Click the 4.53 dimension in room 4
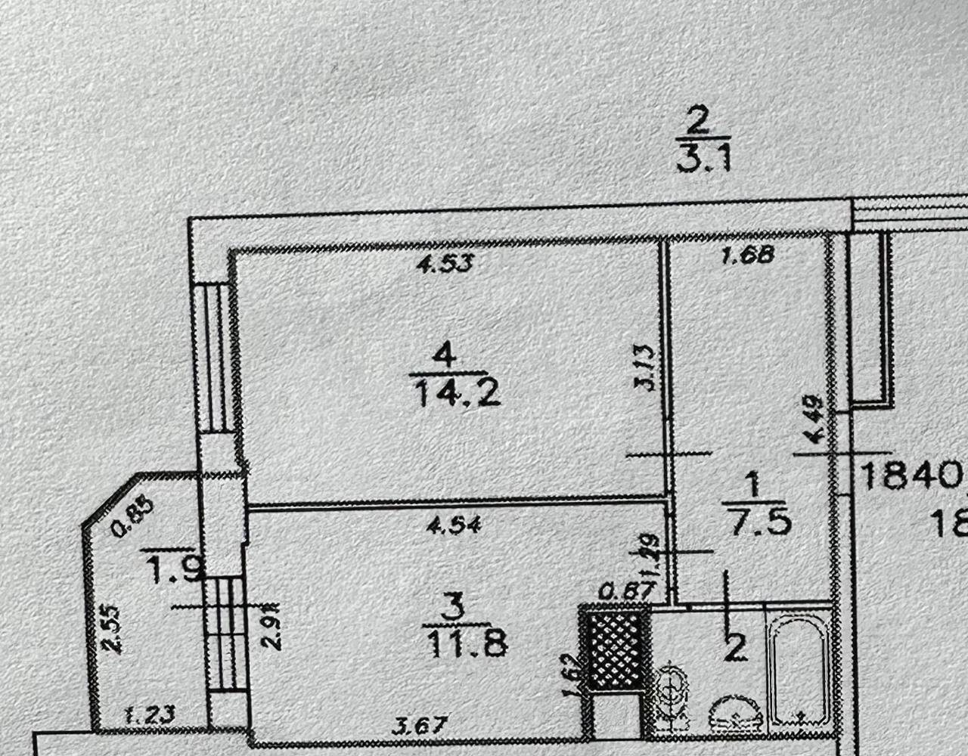(446, 265)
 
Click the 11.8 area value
(464, 645)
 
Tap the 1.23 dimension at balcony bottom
(148, 713)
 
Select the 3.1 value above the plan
(703, 160)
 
